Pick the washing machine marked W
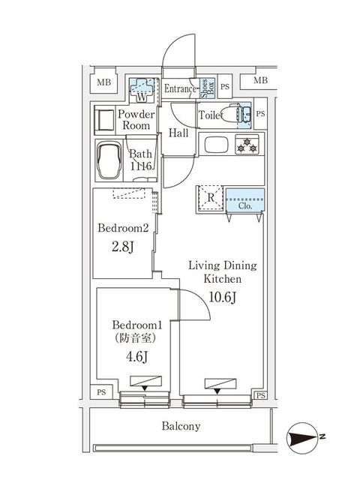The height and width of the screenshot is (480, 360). (142, 92)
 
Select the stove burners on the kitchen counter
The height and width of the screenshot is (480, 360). (245, 144)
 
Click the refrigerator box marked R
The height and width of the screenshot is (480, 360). (211, 199)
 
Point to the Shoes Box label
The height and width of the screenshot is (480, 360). (203, 88)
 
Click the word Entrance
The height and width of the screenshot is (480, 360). (179, 88)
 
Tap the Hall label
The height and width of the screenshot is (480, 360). (178, 133)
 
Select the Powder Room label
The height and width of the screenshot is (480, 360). (136, 120)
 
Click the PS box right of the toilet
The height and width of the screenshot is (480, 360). (260, 114)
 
